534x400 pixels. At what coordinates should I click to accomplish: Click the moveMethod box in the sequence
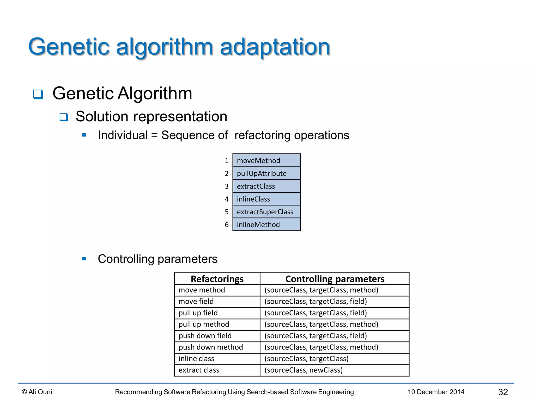click(x=266, y=160)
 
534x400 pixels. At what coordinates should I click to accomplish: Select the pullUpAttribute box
click(x=266, y=173)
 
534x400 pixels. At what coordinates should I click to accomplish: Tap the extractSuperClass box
click(x=266, y=212)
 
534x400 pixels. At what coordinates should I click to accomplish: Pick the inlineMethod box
click(x=266, y=224)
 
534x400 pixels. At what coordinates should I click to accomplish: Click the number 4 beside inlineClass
click(x=227, y=199)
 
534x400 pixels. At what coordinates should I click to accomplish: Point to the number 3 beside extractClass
click(x=227, y=186)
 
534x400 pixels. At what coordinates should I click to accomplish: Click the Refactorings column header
click(x=217, y=279)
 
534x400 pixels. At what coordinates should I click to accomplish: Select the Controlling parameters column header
click(x=335, y=279)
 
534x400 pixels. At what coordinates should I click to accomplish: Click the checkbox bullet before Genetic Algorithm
click(x=38, y=94)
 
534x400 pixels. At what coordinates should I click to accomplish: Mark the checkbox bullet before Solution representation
click(x=64, y=117)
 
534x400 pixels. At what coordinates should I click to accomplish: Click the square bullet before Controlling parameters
click(x=84, y=259)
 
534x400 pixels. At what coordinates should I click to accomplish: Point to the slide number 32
click(x=503, y=392)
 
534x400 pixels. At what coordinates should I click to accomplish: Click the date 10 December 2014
click(x=436, y=392)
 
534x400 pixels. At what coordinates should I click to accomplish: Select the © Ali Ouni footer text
click(x=37, y=392)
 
